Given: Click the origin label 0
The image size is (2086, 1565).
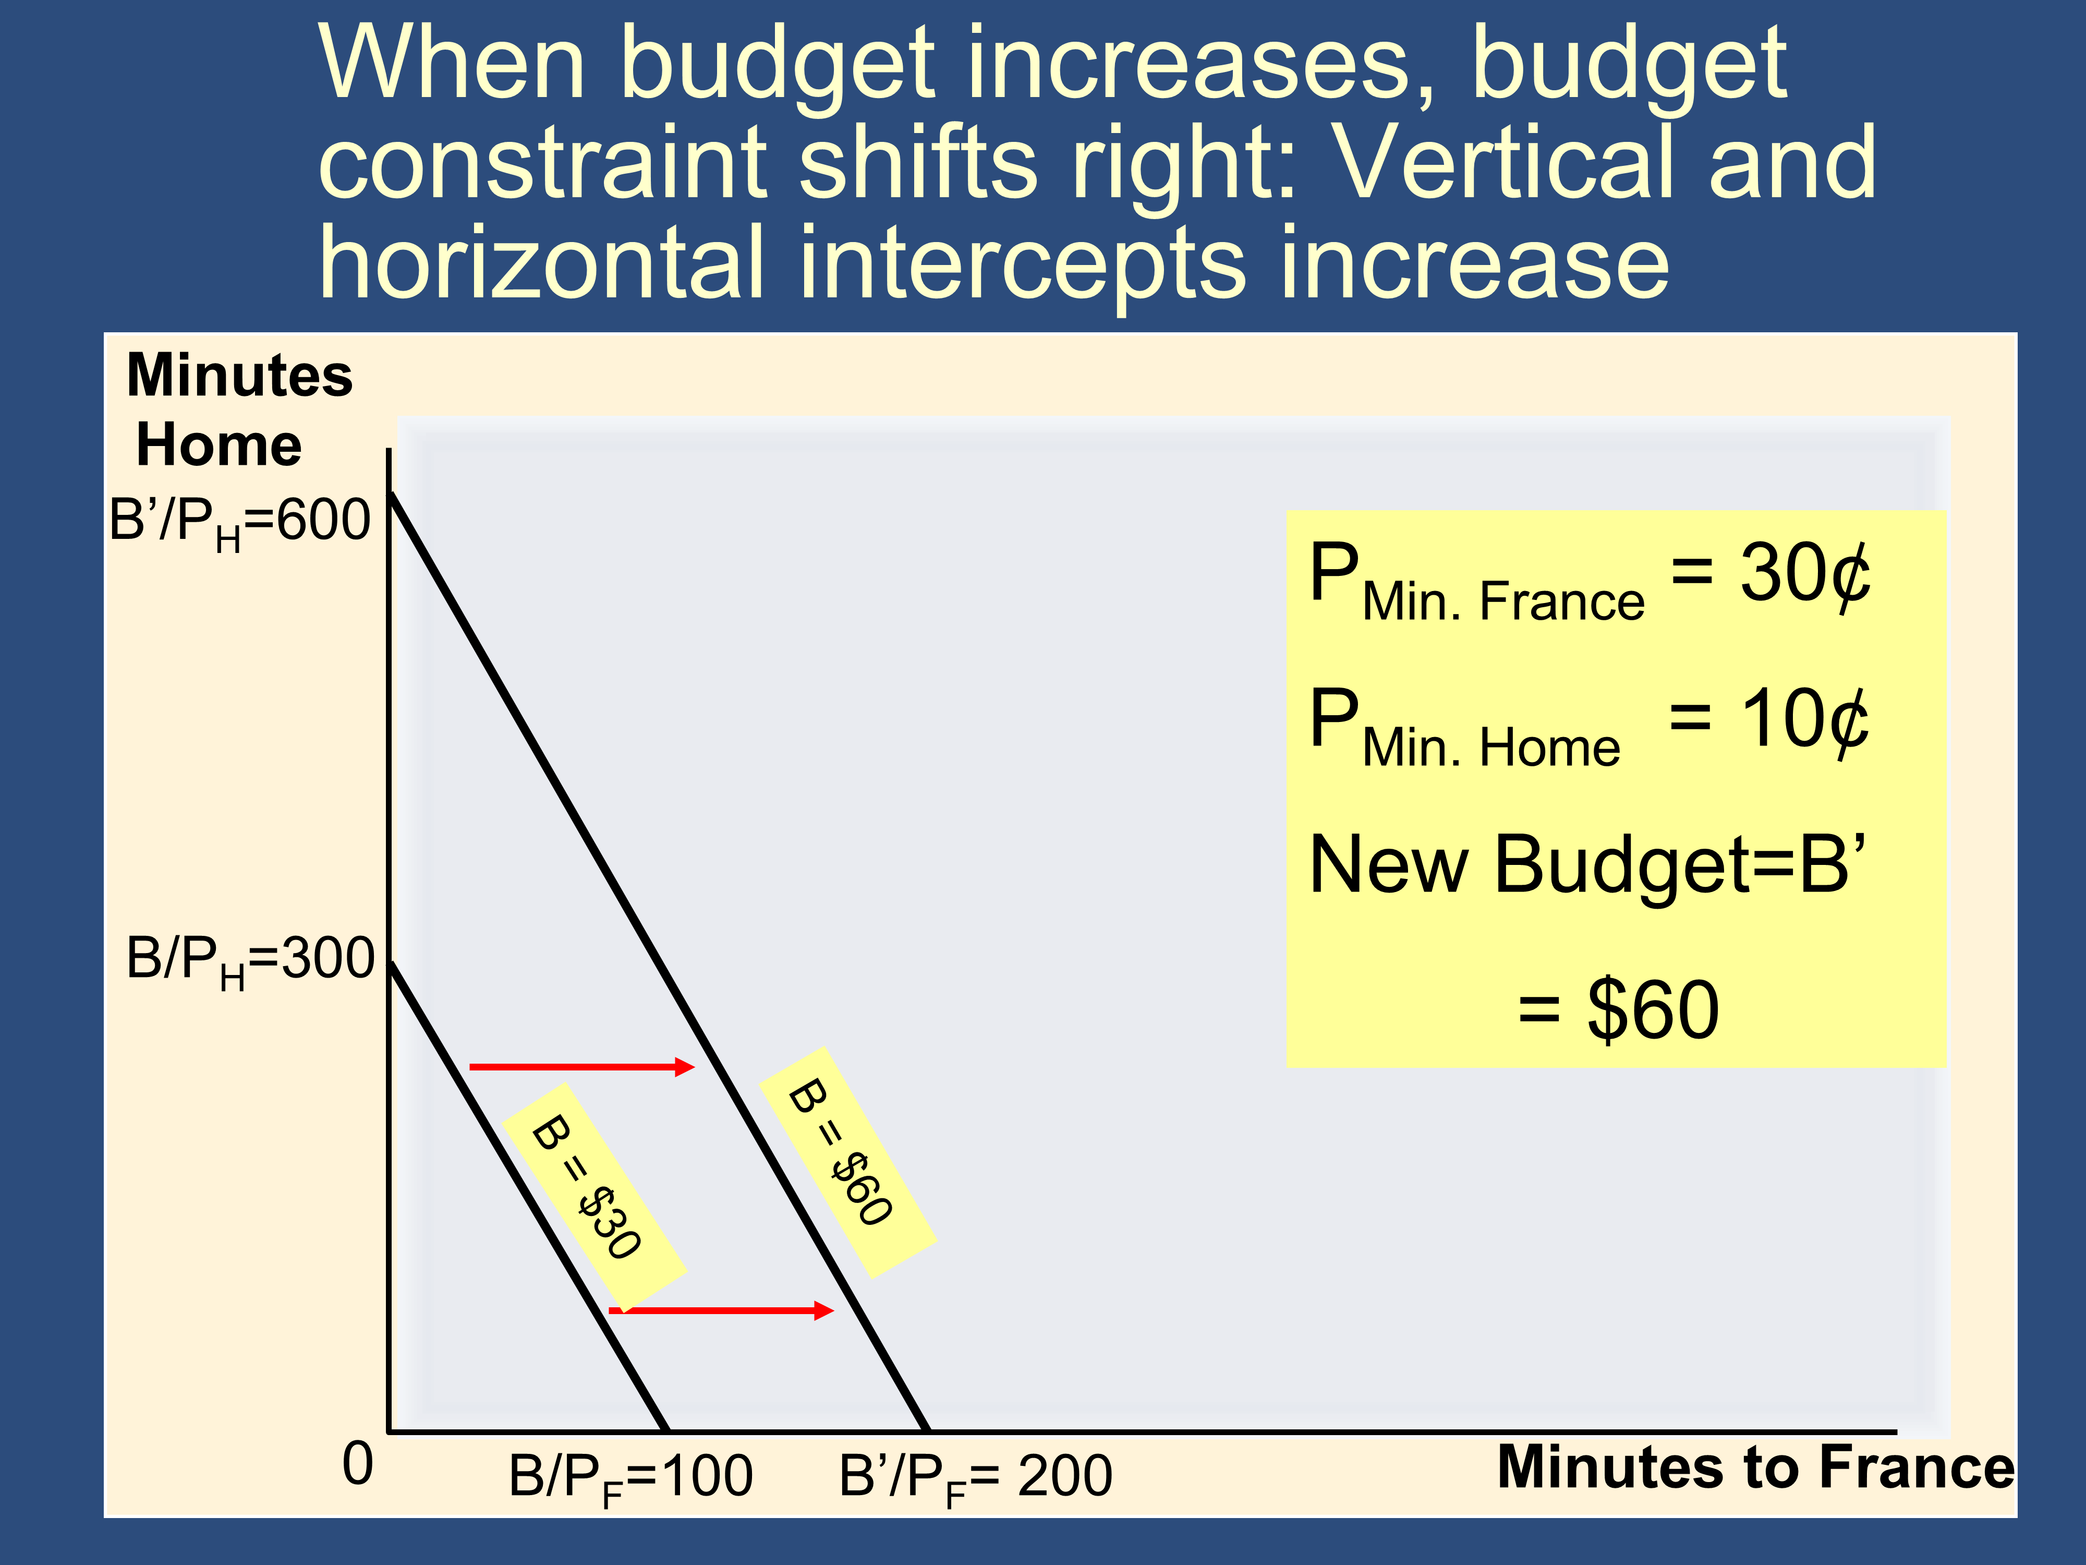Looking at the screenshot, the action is [x=357, y=1464].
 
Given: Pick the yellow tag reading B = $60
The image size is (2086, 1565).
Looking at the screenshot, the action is [x=847, y=1162].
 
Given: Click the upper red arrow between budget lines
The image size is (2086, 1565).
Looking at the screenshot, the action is [x=582, y=1067].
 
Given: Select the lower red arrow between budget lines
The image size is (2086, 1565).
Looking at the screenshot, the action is [x=721, y=1310].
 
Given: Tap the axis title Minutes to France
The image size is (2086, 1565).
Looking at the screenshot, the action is [x=1755, y=1468].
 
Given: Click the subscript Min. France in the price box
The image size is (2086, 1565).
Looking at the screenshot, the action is [x=1503, y=601].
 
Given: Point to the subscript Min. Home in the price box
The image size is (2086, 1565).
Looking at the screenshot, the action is [x=1491, y=747].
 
